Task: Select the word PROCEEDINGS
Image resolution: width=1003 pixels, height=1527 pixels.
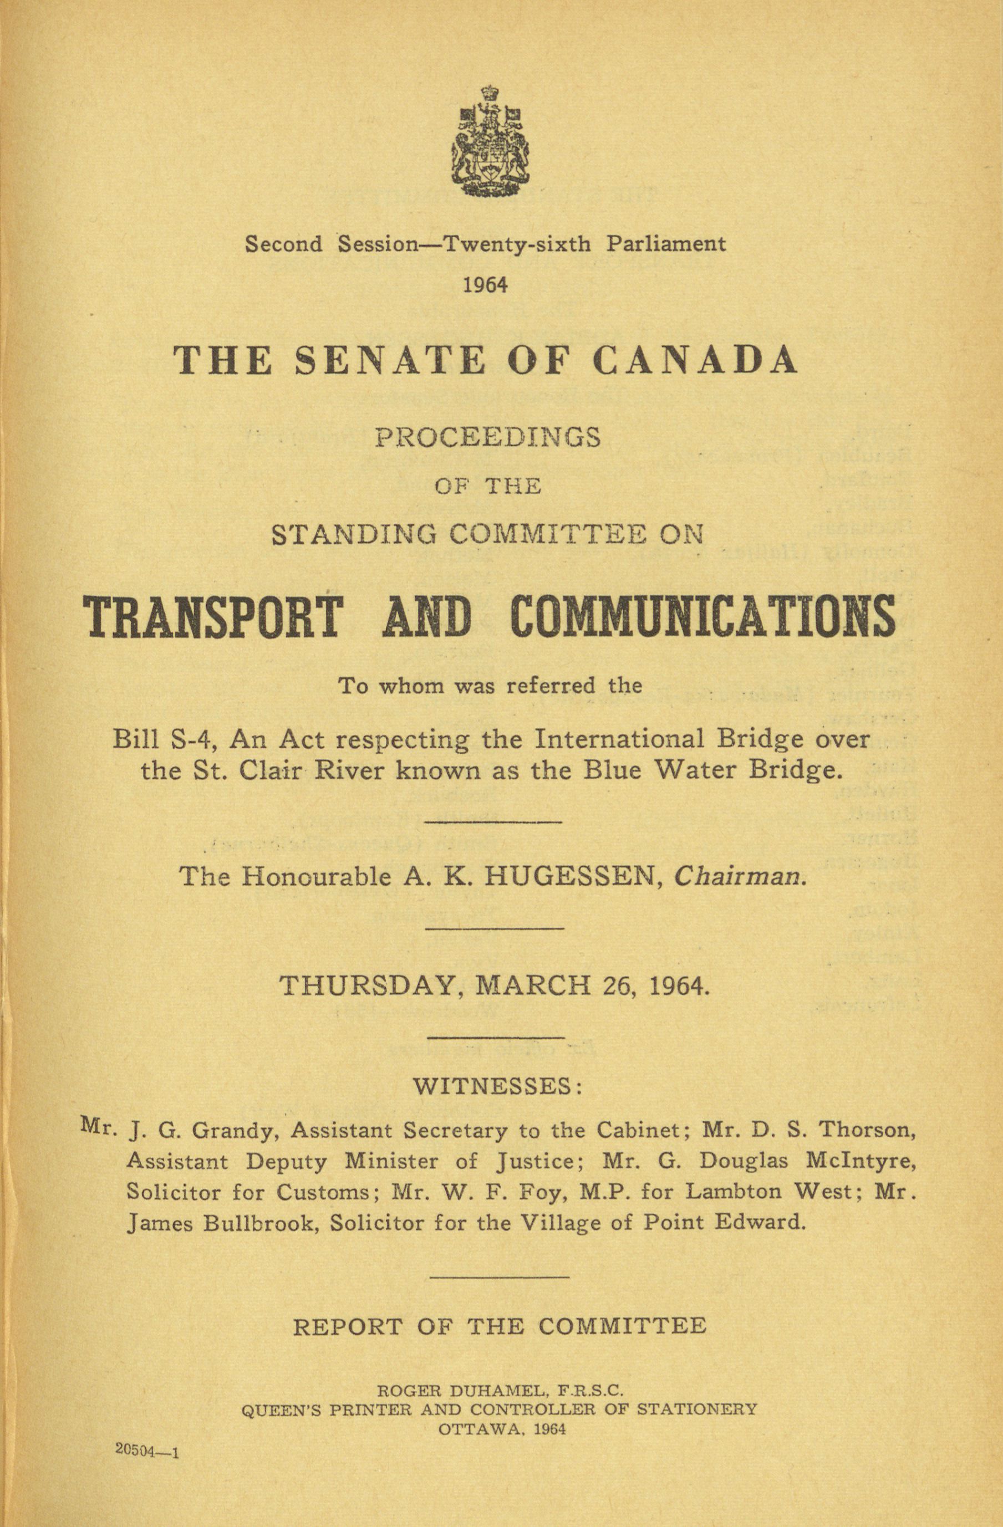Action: click(x=488, y=437)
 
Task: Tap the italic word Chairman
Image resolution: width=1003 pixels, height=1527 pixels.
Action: click(x=739, y=876)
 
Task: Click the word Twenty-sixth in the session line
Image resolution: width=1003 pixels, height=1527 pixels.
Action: click(x=518, y=244)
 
